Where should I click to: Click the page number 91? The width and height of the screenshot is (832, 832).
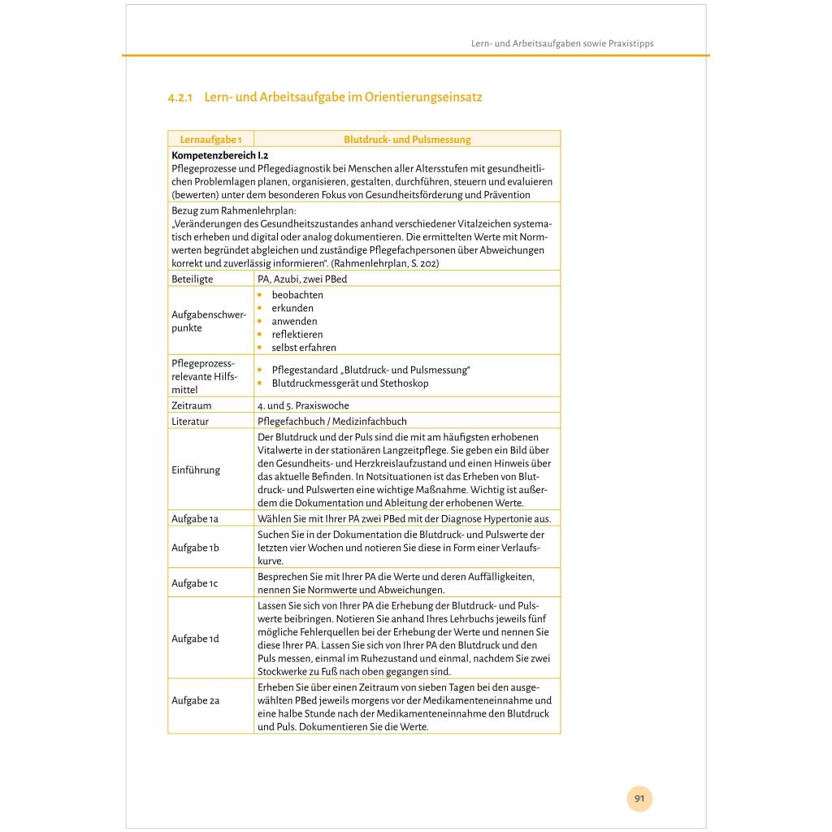pos(639,799)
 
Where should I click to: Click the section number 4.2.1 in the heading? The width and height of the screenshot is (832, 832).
pos(179,97)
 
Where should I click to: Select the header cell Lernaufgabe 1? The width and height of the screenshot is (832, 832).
pos(210,140)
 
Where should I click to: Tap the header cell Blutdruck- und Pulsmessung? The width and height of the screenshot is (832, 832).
pos(407,140)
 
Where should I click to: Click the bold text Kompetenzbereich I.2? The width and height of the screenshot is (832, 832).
pos(220,154)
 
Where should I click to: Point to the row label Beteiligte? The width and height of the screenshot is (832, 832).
pos(193,279)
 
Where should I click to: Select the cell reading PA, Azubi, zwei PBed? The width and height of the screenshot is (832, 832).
pos(302,279)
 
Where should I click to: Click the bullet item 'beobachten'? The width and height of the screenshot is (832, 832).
pos(297,295)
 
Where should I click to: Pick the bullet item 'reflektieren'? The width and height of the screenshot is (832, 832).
pos(297,334)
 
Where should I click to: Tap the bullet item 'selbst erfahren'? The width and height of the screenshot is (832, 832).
pos(301,347)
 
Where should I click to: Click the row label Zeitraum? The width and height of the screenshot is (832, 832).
pos(192,405)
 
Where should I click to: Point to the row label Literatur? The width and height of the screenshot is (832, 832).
pos(190,421)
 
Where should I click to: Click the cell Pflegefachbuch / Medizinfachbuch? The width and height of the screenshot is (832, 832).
pos(332,421)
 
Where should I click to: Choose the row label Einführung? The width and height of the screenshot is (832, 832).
pos(196,470)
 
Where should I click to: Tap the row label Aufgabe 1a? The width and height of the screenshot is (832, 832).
pos(195,518)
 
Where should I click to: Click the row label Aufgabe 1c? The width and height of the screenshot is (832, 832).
pos(195,583)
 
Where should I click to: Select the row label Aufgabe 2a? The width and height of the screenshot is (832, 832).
pos(196,700)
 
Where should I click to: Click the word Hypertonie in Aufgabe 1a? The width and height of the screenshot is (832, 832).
pos(499,518)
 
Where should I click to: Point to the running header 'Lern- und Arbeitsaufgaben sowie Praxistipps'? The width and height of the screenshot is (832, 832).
pos(562,43)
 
